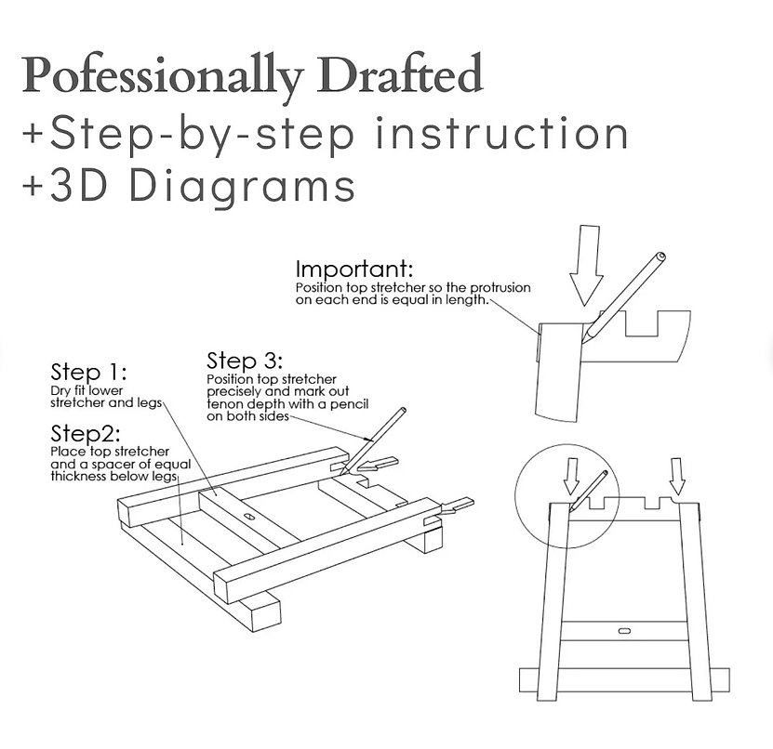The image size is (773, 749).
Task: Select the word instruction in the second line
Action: (500, 133)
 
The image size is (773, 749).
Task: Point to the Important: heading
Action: (353, 270)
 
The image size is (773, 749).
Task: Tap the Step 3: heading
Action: (244, 360)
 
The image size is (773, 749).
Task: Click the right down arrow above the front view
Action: (676, 476)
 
